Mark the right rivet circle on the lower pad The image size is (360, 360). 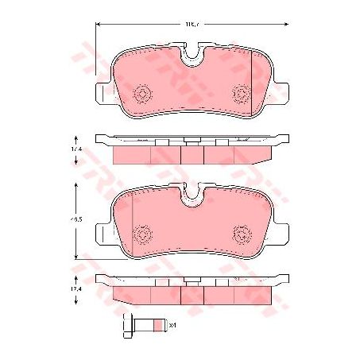tap(242, 234)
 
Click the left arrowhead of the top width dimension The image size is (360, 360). tap(98, 25)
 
